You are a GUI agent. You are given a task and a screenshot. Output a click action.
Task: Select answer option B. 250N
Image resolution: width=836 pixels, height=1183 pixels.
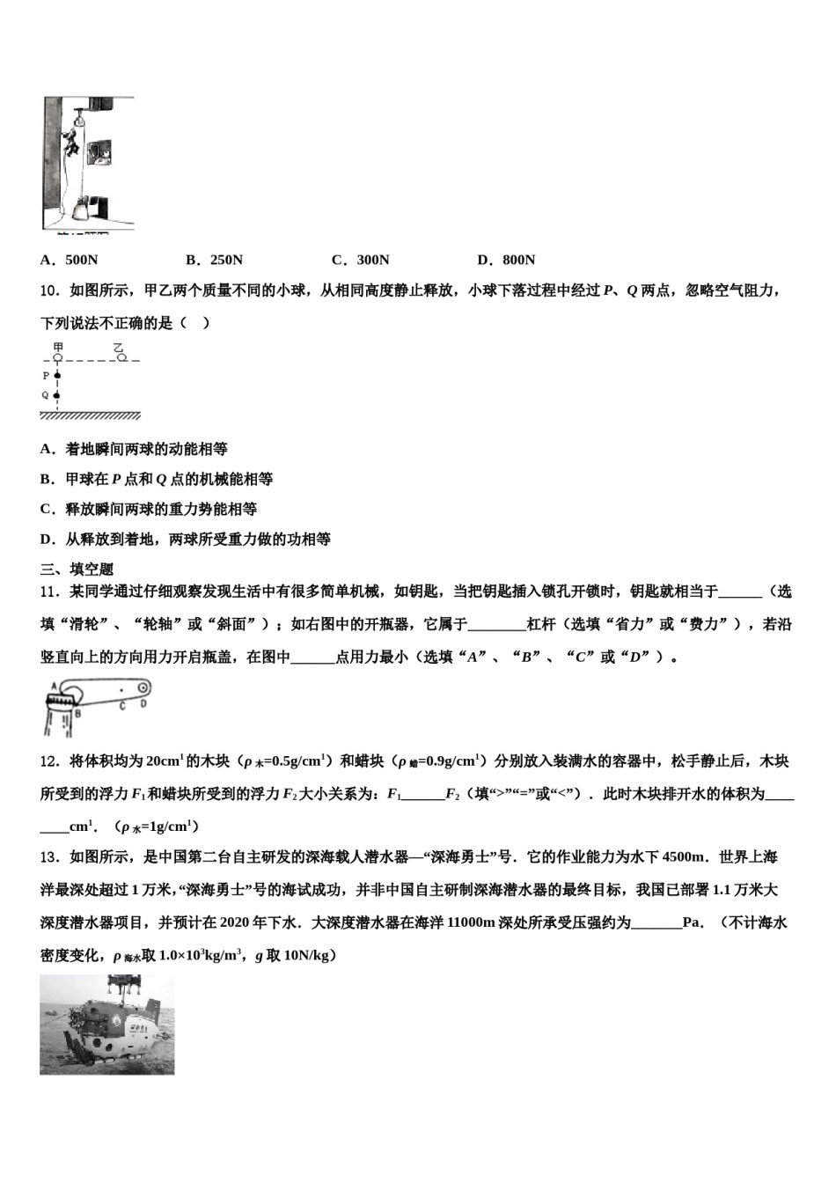click(x=214, y=260)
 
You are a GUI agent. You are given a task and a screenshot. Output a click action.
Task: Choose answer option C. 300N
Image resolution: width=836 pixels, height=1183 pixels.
click(x=360, y=260)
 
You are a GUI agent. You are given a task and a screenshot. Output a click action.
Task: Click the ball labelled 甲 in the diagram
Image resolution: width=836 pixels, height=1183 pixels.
click(x=58, y=358)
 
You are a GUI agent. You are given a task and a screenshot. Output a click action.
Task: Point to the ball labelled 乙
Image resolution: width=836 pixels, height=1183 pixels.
click(x=122, y=357)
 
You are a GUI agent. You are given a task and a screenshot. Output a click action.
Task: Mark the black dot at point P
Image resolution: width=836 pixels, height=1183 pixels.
click(x=58, y=376)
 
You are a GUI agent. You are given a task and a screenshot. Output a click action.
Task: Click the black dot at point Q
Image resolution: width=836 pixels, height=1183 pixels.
click(x=58, y=396)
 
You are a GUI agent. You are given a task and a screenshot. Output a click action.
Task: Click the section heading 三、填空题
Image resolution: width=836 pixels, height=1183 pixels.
click(x=77, y=569)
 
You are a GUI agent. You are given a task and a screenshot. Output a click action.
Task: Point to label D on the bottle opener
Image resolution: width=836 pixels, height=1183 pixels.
click(x=143, y=703)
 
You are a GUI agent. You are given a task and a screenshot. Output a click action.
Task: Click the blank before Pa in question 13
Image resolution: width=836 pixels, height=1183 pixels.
click(x=656, y=922)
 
